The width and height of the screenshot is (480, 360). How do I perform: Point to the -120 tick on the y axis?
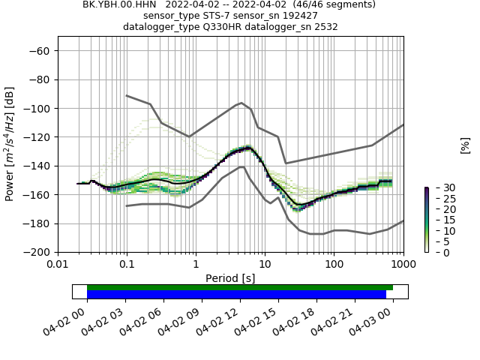(37, 136)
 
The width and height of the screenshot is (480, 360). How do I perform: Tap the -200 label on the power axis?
(37, 252)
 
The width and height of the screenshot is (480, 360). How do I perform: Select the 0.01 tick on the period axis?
(58, 263)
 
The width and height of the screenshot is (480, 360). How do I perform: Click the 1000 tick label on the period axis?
(403, 263)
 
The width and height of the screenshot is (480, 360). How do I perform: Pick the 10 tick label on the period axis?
(265, 263)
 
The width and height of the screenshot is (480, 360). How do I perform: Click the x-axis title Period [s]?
(230, 277)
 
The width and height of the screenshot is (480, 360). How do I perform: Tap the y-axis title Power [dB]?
(10, 144)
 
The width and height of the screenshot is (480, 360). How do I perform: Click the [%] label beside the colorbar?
(465, 145)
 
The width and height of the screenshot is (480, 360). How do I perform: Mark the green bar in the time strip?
(240, 287)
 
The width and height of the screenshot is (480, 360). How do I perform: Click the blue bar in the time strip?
(236, 294)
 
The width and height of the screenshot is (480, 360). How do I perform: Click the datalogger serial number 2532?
(324, 26)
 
